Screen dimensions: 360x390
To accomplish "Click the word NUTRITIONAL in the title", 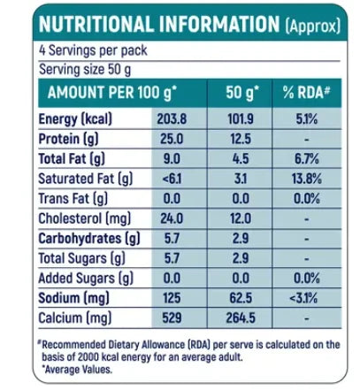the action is click(x=96, y=24).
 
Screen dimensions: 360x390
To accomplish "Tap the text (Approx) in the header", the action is click(x=313, y=26).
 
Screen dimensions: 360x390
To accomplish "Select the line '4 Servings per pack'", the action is click(x=93, y=50).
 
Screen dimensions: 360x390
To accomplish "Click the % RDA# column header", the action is click(x=306, y=92).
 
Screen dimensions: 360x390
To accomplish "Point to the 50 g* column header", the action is click(x=241, y=93).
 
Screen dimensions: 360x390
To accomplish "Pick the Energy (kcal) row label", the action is click(x=75, y=119).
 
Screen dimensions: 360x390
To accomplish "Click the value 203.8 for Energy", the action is click(x=172, y=119).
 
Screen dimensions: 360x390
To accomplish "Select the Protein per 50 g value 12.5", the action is click(x=241, y=139).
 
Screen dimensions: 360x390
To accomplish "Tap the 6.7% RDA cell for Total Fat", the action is click(x=307, y=159).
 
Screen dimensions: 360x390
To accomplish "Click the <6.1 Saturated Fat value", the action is click(x=172, y=179).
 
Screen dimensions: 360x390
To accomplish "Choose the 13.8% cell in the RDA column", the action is click(x=307, y=179).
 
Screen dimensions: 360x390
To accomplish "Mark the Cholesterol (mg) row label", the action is click(x=85, y=218).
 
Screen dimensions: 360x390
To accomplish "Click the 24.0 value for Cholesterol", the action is click(x=172, y=218).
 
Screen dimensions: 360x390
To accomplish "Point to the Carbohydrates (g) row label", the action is click(x=89, y=239).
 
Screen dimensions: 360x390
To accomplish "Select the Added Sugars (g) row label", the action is click(x=86, y=279).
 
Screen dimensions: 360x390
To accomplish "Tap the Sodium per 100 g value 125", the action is click(x=172, y=298).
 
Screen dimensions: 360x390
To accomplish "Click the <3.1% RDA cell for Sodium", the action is click(x=303, y=298).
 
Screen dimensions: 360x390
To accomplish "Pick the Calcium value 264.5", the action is click(x=241, y=317).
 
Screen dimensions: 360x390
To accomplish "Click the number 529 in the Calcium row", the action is click(x=172, y=317).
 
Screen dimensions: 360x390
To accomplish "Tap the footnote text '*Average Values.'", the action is click(x=77, y=370).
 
